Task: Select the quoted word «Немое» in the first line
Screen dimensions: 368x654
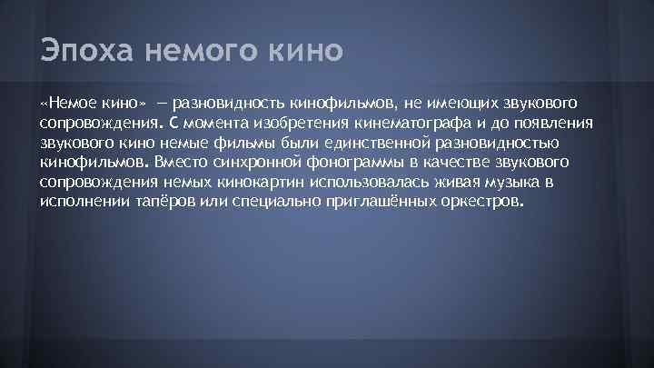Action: [x=69, y=103]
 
